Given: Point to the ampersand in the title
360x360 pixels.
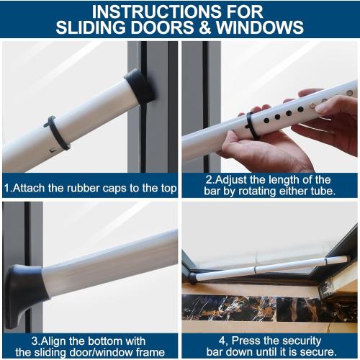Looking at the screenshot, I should pyautogui.click(x=212, y=27).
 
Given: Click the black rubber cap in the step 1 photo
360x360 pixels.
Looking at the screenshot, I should pyautogui.click(x=138, y=85).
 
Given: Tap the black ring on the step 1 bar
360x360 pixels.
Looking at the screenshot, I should pyautogui.click(x=57, y=133).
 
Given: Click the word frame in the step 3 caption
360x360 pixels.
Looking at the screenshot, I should pyautogui.click(x=150, y=352).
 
